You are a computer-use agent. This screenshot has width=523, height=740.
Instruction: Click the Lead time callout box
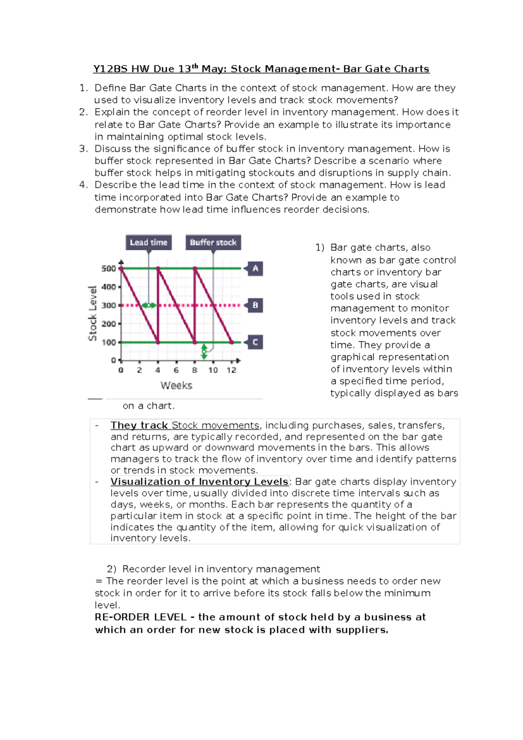click(x=149, y=243)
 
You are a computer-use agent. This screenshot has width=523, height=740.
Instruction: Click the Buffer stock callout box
click(x=213, y=243)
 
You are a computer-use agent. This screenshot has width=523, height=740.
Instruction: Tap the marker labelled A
click(x=255, y=268)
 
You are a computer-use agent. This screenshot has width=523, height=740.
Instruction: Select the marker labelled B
click(x=255, y=305)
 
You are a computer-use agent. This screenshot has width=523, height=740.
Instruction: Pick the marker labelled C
click(x=255, y=343)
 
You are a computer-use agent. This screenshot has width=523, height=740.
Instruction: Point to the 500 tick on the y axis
click(x=109, y=268)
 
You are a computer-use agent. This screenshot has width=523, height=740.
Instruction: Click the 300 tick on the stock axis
click(x=109, y=305)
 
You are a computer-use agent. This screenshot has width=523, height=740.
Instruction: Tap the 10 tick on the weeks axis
click(x=213, y=370)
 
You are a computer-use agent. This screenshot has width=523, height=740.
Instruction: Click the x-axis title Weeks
click(x=176, y=386)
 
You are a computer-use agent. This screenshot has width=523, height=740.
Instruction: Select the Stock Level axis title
click(x=92, y=313)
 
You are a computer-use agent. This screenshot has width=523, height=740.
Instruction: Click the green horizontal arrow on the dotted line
click(x=149, y=305)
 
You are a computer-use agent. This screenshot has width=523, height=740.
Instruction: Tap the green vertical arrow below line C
click(x=204, y=351)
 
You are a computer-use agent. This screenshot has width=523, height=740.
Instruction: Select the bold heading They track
click(x=139, y=425)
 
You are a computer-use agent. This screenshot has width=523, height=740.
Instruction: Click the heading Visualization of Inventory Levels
click(x=199, y=482)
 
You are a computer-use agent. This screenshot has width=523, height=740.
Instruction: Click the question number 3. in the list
click(x=84, y=149)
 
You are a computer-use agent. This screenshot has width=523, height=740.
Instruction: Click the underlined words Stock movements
click(x=216, y=425)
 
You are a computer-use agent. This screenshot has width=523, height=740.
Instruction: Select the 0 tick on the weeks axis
click(x=121, y=370)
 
